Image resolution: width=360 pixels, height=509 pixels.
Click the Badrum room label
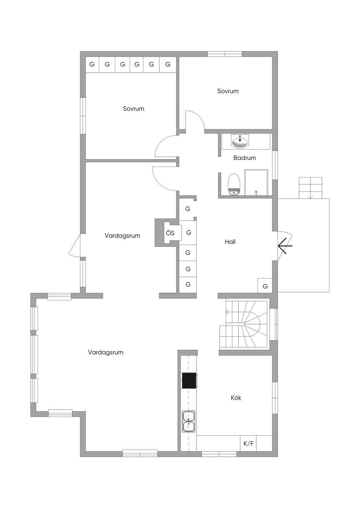click(244, 158)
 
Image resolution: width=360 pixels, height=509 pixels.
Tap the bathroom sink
click(240, 142)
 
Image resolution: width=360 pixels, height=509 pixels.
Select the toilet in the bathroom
click(234, 184)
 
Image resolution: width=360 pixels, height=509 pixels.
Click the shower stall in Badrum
click(256, 182)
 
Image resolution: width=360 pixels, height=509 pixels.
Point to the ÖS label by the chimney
click(170, 233)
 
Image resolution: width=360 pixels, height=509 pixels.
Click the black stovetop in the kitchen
click(189, 380)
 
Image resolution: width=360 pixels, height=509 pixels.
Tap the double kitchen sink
click(189, 421)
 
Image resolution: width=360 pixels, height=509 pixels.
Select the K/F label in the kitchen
click(248, 444)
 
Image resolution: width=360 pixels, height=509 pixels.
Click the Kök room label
click(236, 398)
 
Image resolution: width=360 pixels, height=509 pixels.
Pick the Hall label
click(230, 242)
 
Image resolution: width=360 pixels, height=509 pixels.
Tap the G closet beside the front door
click(265, 286)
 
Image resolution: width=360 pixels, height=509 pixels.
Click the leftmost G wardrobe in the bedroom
click(92, 65)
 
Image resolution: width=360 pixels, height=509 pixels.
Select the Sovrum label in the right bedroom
click(228, 91)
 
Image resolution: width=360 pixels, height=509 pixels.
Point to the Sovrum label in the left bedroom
click(134, 109)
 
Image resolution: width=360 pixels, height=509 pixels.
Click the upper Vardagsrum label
click(122, 236)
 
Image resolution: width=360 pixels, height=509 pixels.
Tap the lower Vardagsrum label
click(106, 352)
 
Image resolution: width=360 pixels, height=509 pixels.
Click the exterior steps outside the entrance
click(310, 188)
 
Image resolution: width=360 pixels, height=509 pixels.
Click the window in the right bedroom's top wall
click(225, 54)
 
